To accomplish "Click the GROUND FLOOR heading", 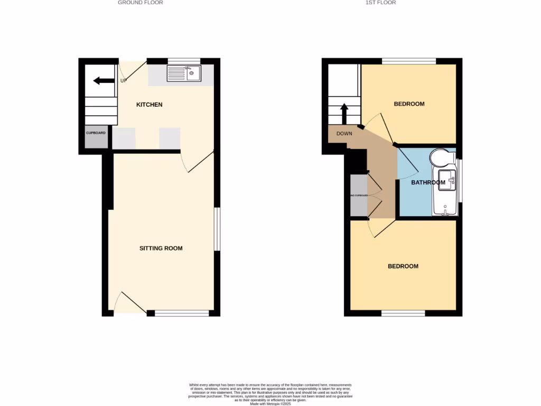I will [140, 3].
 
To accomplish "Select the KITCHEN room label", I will [150, 105].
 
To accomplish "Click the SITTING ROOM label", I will [161, 248].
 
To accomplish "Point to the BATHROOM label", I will [428, 183].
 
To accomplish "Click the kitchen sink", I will [184, 73].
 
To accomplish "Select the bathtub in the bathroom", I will [444, 193].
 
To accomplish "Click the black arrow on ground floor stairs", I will [104, 81].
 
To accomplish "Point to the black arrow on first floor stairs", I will [343, 113].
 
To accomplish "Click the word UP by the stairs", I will [124, 81].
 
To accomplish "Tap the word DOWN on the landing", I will [344, 134].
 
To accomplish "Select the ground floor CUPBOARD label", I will [96, 133].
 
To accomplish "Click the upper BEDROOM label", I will [409, 104].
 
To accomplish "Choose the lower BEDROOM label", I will [403, 266].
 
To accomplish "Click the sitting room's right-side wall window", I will [217, 229].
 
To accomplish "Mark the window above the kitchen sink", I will [184, 61].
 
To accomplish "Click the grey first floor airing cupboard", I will [358, 195].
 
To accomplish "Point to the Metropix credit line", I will [270, 403].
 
